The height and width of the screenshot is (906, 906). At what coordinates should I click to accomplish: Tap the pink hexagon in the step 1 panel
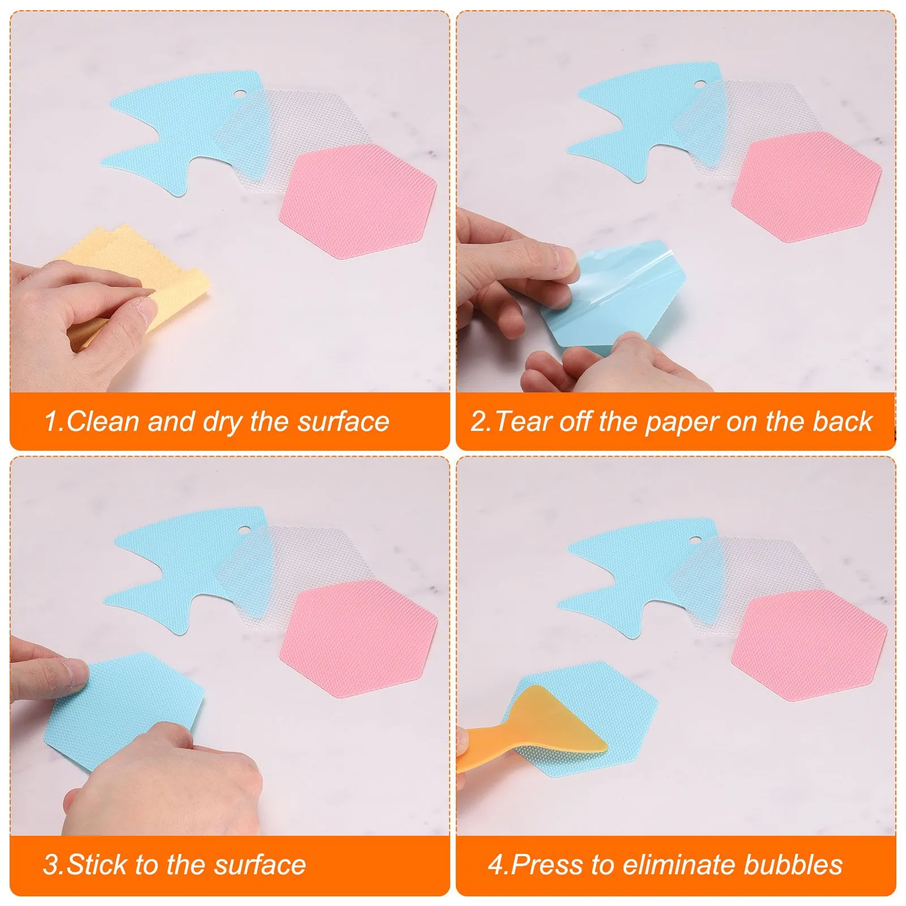click(x=358, y=200)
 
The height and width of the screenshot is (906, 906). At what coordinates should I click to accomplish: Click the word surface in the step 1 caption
click(x=344, y=422)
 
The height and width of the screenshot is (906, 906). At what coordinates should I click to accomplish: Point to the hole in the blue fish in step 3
click(x=245, y=531)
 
